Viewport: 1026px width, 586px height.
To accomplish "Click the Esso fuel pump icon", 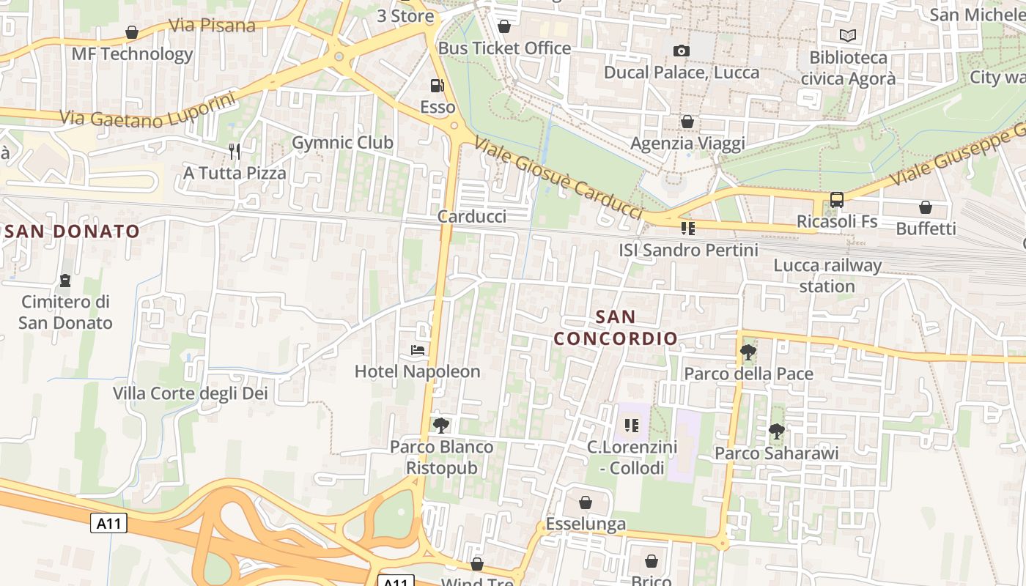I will (437, 86).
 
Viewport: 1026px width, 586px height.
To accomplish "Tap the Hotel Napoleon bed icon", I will (418, 350).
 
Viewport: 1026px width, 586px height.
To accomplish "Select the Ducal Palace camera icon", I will (682, 51).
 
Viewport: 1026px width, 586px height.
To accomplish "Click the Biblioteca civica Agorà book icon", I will (848, 35).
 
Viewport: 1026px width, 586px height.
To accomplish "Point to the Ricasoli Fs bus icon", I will (836, 199).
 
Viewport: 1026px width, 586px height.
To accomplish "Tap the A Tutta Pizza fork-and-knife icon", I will (235, 152).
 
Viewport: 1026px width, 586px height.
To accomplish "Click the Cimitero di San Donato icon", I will (65, 281).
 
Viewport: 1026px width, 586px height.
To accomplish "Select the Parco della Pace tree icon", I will (748, 352).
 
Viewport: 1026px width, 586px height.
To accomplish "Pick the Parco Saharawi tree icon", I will (777, 431).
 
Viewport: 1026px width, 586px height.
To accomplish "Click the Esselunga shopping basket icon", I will (585, 502).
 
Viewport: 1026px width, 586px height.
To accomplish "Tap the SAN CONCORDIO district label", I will (616, 327).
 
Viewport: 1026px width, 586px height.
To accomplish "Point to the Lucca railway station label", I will (827, 275).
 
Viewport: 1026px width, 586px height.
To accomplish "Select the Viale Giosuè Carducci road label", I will (558, 178).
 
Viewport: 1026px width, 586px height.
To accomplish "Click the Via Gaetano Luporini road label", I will (147, 109).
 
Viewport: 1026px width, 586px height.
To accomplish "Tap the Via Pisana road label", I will (212, 26).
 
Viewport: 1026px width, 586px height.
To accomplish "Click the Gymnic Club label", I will (342, 142).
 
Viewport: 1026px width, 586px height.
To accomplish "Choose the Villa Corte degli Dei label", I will (191, 393).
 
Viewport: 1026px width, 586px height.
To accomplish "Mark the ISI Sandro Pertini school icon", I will (687, 229).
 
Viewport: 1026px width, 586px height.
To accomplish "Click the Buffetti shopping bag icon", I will (926, 207).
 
